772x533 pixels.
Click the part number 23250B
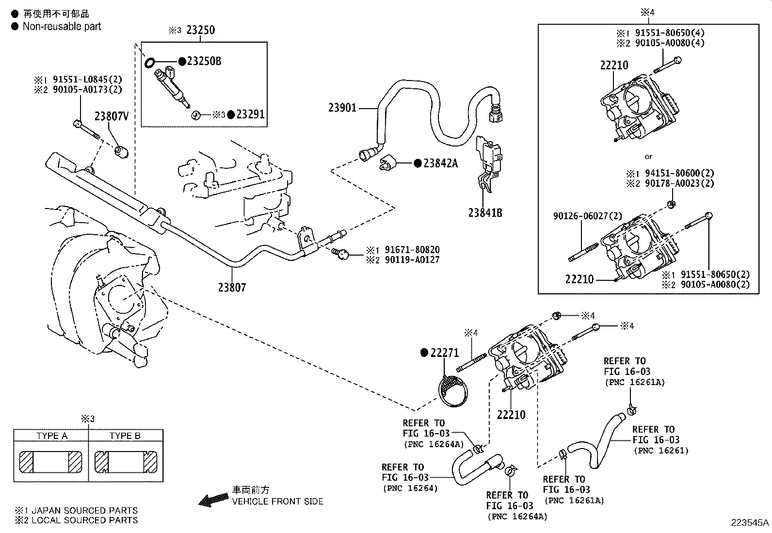point(204,61)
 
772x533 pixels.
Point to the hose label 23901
point(342,107)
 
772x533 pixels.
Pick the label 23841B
point(485,212)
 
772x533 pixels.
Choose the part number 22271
point(444,353)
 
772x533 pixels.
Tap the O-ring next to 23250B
point(150,62)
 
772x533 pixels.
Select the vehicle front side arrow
point(214,500)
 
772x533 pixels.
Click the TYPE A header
point(52,436)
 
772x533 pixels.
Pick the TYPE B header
point(125,436)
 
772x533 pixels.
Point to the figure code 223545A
point(750,522)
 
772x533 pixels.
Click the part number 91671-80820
point(412,250)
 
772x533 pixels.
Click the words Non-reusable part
point(62,26)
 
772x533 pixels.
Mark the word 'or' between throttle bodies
point(649,157)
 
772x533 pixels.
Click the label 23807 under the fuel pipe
point(232,288)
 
